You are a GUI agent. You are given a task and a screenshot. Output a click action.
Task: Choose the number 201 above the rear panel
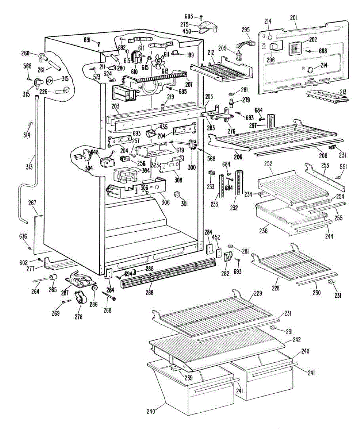point(294,17)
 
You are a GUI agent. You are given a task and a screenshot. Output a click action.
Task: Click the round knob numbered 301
point(177,195)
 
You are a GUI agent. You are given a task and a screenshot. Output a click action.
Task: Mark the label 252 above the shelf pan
point(268,163)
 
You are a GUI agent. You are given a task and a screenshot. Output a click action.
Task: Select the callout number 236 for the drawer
point(264,231)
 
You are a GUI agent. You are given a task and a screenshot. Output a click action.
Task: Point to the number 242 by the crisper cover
point(296,339)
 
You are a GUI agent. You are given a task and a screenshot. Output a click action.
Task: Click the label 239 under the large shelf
point(188,378)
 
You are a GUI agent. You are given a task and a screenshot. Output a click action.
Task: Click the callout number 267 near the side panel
point(33,203)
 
